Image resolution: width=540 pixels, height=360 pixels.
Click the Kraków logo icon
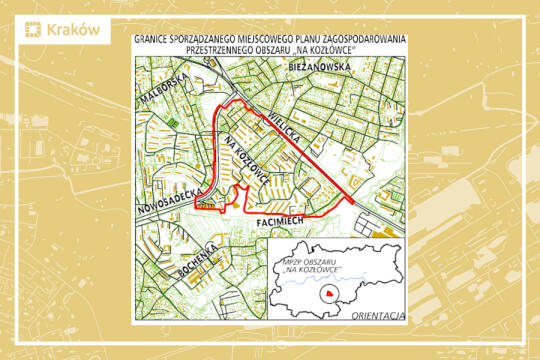click(32, 30)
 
